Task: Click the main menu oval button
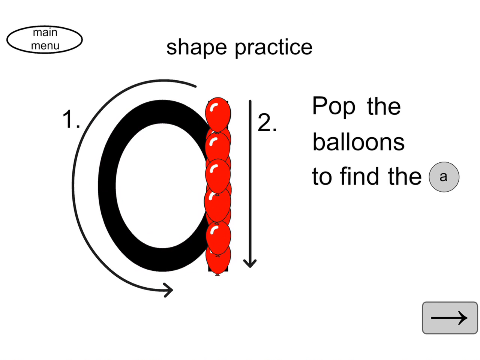(x=44, y=40)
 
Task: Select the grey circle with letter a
(x=444, y=177)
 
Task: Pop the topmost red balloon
(x=218, y=115)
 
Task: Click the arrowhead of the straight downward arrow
(x=250, y=263)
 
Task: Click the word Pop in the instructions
(x=334, y=106)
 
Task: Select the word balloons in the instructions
(x=358, y=142)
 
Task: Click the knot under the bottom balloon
(x=217, y=274)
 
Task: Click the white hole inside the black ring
(x=162, y=186)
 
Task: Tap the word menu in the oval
(x=45, y=46)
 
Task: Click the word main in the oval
(x=45, y=32)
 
